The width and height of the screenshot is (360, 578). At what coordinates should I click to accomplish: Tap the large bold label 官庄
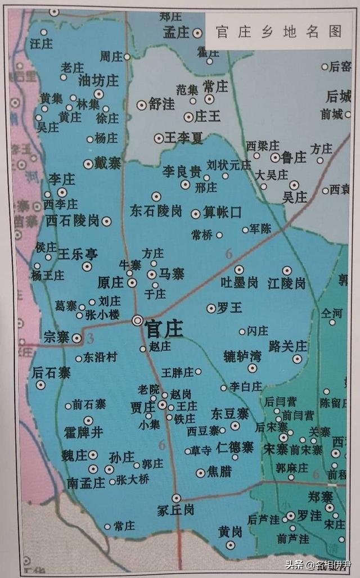[x=164, y=329]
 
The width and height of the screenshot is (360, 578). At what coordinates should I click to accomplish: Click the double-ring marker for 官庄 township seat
[x=137, y=320]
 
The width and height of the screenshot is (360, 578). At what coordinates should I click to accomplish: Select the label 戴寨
[x=107, y=164]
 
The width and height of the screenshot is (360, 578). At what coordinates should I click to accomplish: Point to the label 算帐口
[x=222, y=213]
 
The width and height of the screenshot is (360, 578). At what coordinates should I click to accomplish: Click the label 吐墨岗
[x=240, y=283]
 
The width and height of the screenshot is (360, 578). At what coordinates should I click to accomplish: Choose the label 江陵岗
[x=287, y=283]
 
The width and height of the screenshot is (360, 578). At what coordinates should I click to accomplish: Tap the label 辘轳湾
[x=242, y=356]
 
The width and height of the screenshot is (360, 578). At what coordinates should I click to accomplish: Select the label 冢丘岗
[x=176, y=510]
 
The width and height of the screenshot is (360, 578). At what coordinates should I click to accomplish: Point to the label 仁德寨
[x=235, y=448]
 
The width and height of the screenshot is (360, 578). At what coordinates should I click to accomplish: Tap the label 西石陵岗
[x=73, y=220]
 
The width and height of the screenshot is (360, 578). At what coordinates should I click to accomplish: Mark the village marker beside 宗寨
[x=76, y=338]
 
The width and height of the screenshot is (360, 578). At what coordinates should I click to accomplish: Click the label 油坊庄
[x=98, y=81]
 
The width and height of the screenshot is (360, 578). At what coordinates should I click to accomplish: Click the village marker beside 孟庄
[x=197, y=33]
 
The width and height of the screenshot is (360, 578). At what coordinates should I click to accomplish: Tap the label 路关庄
[x=288, y=346]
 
